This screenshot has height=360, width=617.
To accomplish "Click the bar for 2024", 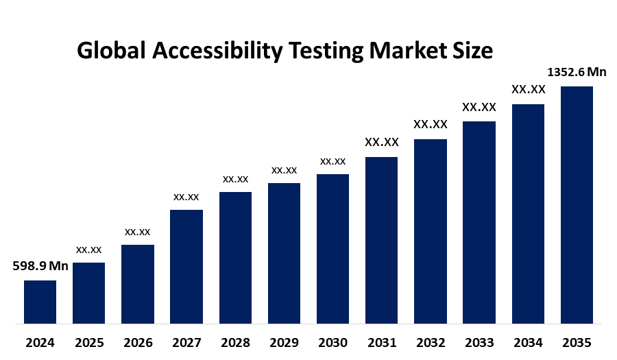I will pos(40,302).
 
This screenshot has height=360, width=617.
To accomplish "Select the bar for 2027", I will pos(186,266).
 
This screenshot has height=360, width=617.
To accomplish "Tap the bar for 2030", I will pos(332,248).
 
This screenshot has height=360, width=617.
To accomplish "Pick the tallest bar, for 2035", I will pos(577,204).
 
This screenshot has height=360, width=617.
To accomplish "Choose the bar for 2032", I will pos(431,231).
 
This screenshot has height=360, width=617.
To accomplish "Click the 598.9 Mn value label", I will pos(40,267).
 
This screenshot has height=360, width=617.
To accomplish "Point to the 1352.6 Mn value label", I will pos(577,71).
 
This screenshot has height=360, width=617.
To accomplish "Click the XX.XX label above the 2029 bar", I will pos(284,170).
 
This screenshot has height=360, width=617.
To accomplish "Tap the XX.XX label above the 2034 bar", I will pos(528,90).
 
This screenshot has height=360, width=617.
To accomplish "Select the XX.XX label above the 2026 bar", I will pos(137,232).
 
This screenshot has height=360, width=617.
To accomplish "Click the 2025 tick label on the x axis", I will pos(88,342).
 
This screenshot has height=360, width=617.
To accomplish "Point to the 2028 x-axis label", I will pos(235,342).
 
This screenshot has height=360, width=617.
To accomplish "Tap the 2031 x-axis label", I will pos(381,342).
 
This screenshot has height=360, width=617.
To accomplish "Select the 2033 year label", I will pos(479,342).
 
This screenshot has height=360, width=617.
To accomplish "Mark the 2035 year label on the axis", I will pos(577,342).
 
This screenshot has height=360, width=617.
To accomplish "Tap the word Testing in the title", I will pos(328,51).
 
